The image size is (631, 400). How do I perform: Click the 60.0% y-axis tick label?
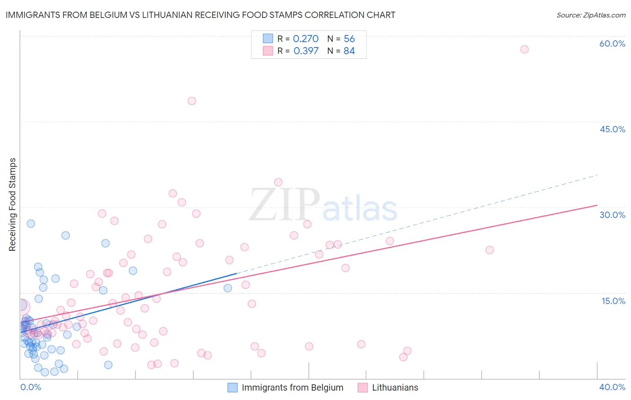point(612,43)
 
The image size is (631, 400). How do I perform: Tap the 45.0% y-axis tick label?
point(612,129)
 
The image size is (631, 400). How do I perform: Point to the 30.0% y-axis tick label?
point(612,215)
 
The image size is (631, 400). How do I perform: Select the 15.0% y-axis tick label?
point(613,301)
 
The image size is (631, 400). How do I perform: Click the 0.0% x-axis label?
point(31,387)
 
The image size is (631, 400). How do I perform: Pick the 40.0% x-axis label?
point(612,387)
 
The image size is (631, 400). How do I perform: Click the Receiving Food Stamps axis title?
point(13,204)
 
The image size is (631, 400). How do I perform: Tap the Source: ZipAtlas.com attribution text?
point(591,15)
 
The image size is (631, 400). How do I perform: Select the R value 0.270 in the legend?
point(306,39)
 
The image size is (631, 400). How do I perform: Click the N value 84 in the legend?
point(349,51)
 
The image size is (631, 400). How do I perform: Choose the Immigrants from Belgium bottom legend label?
point(292,387)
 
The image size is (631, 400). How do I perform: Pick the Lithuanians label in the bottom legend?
point(395,387)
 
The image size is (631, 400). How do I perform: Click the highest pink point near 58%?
point(524,49)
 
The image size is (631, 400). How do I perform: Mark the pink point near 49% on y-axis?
point(192,101)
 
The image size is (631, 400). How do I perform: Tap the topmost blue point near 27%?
point(31,223)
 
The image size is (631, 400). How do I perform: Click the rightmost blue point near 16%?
point(228,288)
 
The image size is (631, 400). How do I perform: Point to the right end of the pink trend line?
point(597,205)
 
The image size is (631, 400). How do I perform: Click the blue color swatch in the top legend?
point(268,39)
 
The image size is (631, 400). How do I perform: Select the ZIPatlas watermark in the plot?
point(323,205)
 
